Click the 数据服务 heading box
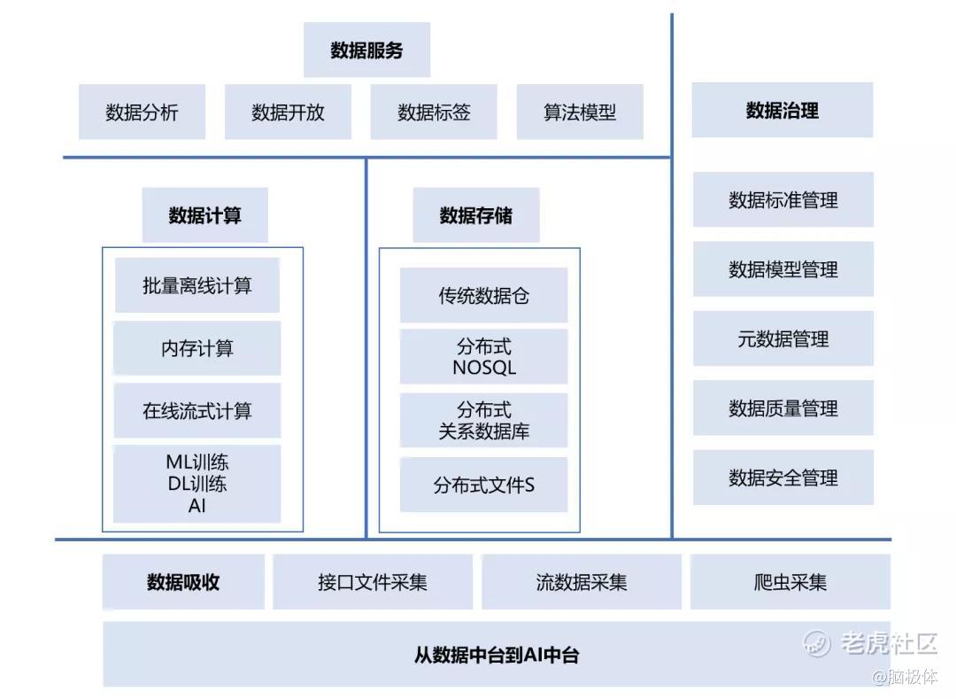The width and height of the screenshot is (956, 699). [x=366, y=50]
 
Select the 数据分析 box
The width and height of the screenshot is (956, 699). [x=142, y=113]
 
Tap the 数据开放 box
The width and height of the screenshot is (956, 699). [x=288, y=113]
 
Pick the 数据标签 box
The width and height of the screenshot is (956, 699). [x=434, y=113]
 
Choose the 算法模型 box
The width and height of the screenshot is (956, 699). [x=580, y=113]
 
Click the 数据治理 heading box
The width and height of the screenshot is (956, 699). [x=783, y=111]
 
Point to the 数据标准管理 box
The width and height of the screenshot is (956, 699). [x=783, y=200]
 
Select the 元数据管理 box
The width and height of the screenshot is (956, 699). [x=783, y=339]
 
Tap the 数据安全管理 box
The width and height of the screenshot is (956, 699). [x=783, y=478]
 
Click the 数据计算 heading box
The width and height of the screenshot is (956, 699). [x=204, y=215]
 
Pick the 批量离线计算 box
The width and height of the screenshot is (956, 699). [x=197, y=285]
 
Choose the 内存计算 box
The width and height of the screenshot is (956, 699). [x=197, y=348]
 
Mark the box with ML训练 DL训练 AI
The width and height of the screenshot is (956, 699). [x=197, y=484]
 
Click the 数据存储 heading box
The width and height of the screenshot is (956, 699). [x=475, y=215]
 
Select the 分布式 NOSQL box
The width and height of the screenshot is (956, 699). [x=483, y=357]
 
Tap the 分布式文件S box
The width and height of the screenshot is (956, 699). [x=483, y=485]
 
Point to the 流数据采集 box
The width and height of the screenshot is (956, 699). [x=581, y=582]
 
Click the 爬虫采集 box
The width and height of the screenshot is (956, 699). [x=790, y=582]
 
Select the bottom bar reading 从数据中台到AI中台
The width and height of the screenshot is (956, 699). [x=496, y=656]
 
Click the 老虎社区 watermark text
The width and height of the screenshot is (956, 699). [x=887, y=642]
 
